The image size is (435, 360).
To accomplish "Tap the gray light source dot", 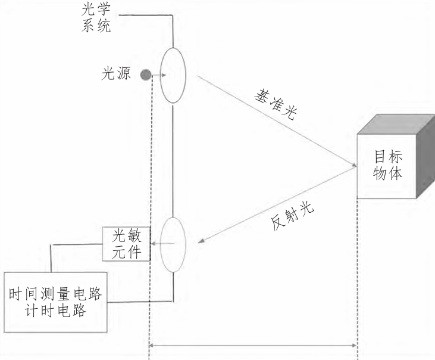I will pyautogui.click(x=145, y=75).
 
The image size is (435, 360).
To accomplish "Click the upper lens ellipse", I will pyautogui.click(x=173, y=76).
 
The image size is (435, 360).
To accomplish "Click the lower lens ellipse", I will pyautogui.click(x=173, y=244).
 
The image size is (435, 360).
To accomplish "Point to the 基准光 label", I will pyautogui.click(x=276, y=105).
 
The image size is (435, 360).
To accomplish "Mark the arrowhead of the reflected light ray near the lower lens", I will pyautogui.click(x=201, y=241).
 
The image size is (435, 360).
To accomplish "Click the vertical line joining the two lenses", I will pyautogui.click(x=173, y=161).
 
